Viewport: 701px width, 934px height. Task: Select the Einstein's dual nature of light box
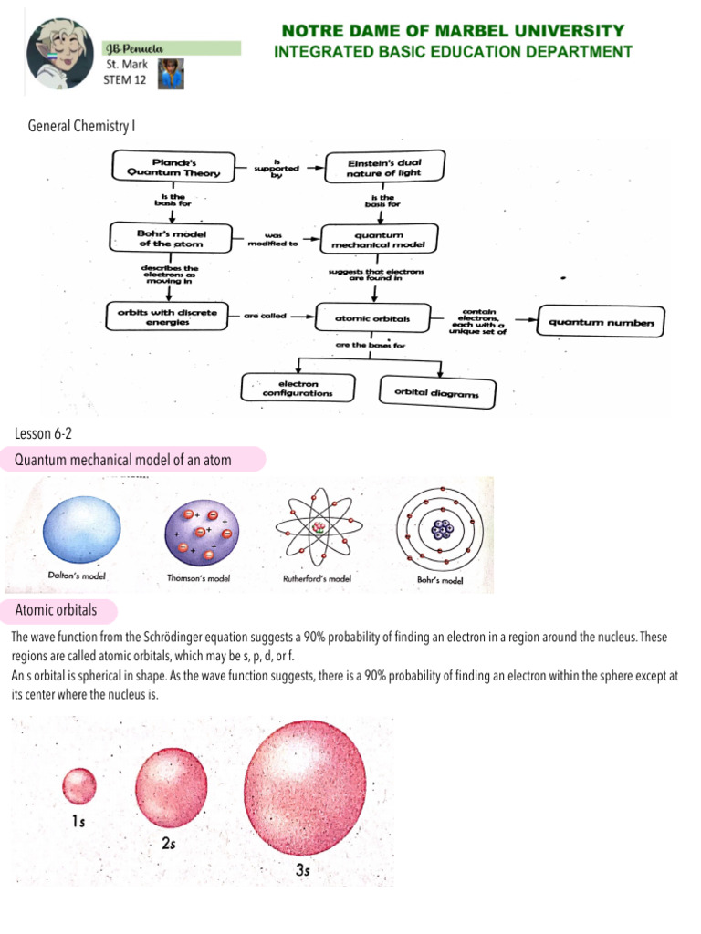383,167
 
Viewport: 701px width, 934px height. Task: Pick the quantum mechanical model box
377,239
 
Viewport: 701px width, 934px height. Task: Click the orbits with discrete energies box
162,317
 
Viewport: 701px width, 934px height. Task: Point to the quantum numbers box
602,321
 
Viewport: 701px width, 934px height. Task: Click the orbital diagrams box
429,392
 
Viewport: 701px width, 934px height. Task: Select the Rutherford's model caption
318,577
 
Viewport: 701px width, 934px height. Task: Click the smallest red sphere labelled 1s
79,784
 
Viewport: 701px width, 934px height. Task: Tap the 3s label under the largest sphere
305,871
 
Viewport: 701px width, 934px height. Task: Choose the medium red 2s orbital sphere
171,784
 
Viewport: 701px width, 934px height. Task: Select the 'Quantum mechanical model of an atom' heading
123,461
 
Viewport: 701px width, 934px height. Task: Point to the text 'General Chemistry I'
83,125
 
